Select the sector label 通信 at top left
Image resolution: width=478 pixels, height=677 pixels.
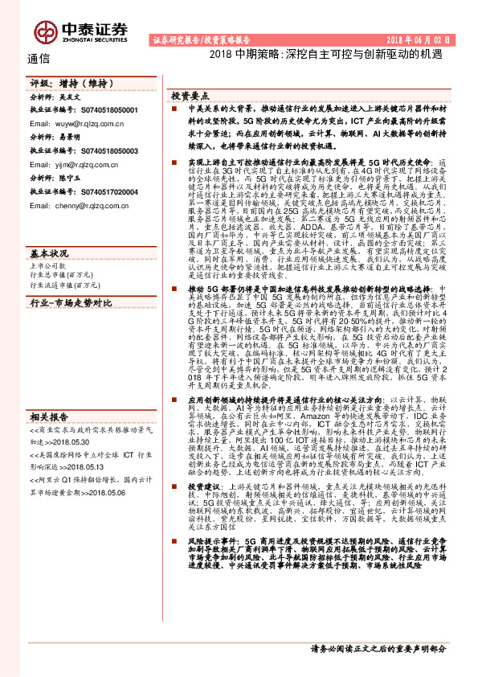[x=39, y=58]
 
